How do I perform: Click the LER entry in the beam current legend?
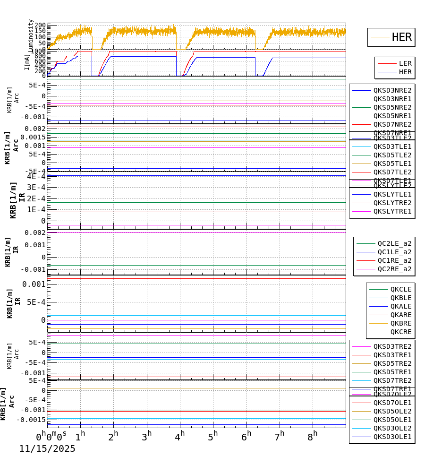[x=405, y=63]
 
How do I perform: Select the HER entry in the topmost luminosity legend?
[x=401, y=37]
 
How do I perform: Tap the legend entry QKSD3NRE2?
[x=392, y=90]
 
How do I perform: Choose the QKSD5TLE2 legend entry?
[x=392, y=155]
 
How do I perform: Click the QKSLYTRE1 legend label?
[x=392, y=211]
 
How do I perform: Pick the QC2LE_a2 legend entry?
[x=394, y=243]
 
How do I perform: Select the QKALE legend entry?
[x=400, y=306]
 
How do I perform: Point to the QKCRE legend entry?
[x=400, y=332]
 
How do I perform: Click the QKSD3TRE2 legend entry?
[x=392, y=346]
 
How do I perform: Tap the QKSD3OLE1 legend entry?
[x=392, y=437]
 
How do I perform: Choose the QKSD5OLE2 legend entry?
[x=392, y=411]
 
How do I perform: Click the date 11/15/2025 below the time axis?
[x=47, y=449]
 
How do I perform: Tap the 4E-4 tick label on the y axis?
[x=36, y=176]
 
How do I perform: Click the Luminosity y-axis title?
[x=31, y=34]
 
